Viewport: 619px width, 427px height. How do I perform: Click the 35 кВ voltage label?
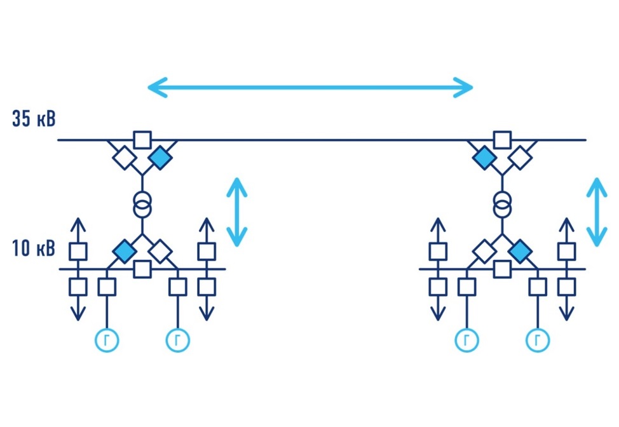click(x=34, y=119)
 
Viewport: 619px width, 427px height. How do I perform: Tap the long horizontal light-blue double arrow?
click(x=310, y=87)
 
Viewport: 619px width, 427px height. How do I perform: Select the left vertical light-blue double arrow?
click(x=237, y=212)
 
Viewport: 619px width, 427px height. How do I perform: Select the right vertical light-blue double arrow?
click(x=597, y=212)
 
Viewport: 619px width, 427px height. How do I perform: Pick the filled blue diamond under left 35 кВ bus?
click(x=160, y=156)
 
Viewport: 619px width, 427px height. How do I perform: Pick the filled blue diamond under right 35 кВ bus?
click(x=485, y=156)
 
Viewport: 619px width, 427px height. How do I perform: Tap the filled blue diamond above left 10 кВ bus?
click(x=125, y=251)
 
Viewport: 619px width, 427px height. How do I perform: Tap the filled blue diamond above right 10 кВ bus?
click(x=520, y=251)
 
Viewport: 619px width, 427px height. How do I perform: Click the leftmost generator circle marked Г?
click(x=107, y=341)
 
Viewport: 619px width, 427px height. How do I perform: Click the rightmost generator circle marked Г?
click(x=538, y=341)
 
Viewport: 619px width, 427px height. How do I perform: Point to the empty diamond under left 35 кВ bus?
click(x=125, y=156)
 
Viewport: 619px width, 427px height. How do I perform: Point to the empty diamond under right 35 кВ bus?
click(x=520, y=156)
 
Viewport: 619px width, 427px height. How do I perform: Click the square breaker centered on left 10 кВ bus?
click(x=142, y=269)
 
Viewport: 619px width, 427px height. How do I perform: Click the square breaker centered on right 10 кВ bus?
click(x=503, y=269)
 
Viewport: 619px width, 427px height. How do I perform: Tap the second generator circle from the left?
click(x=177, y=341)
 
